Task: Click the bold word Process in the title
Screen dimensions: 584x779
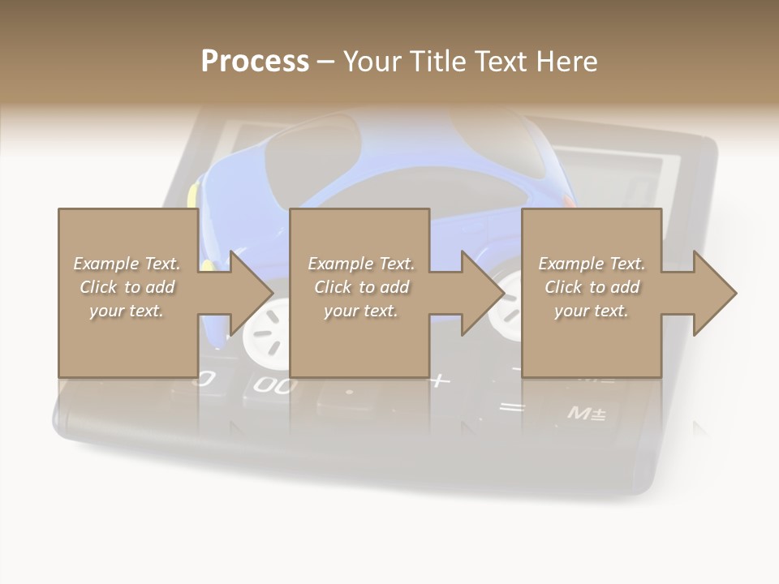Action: pyautogui.click(x=255, y=61)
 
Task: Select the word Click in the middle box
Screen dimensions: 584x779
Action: pyautogui.click(x=332, y=287)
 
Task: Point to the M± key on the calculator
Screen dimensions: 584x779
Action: pyautogui.click(x=586, y=414)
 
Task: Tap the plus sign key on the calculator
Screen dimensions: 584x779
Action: pyautogui.click(x=440, y=380)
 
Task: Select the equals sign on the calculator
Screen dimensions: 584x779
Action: pyautogui.click(x=511, y=407)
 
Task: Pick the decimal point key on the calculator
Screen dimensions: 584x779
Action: pyautogui.click(x=349, y=393)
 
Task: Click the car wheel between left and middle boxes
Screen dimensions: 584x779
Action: pyautogui.click(x=267, y=328)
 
